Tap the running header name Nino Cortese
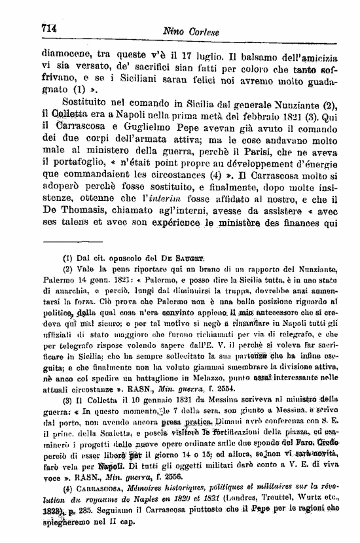coord(191,31)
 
